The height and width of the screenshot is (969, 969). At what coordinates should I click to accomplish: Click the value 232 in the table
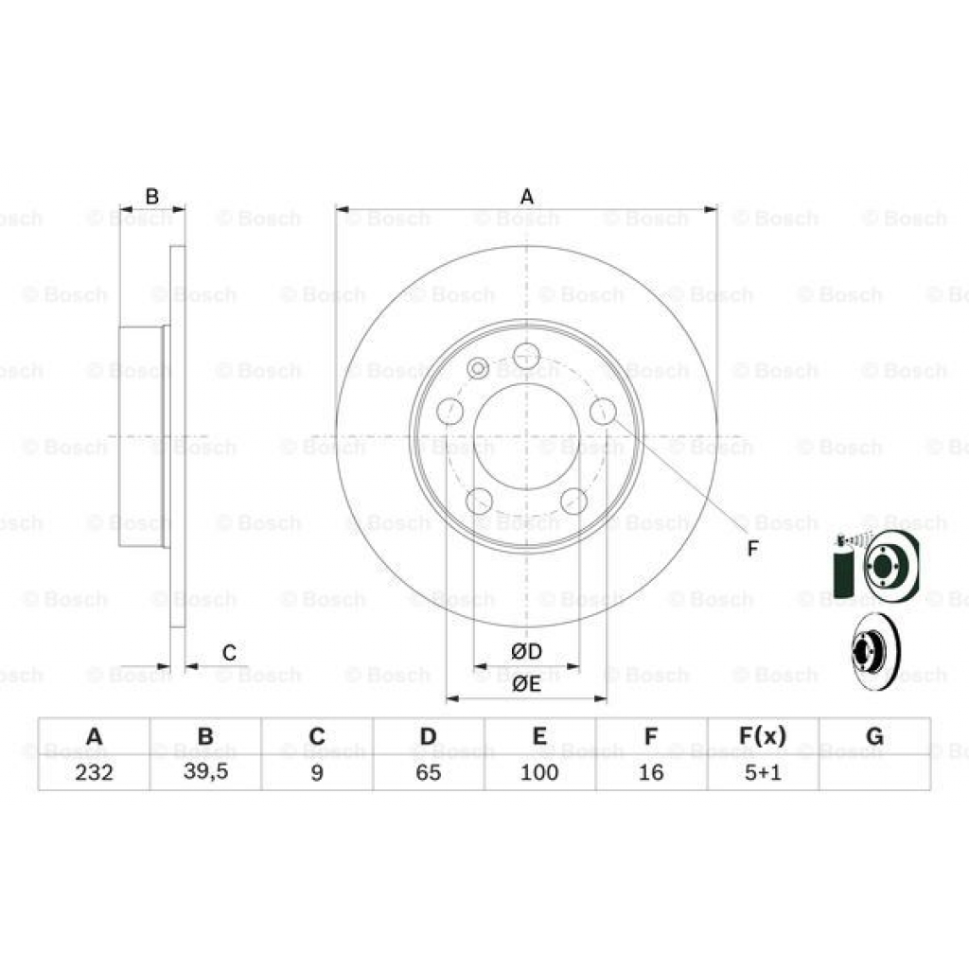point(94,772)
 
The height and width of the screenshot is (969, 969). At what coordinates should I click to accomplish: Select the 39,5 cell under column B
point(205,771)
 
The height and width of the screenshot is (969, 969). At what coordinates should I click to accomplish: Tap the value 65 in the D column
point(428,772)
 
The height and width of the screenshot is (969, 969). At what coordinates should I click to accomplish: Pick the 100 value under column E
point(539,772)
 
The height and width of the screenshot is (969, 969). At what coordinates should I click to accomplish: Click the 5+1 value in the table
point(762,772)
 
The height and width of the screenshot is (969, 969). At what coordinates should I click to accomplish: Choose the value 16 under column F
point(651,772)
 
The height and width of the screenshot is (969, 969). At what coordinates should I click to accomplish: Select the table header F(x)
point(762,736)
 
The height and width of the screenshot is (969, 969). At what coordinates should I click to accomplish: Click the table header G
point(873,736)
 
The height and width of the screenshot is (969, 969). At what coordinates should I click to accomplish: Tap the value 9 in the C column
point(317,772)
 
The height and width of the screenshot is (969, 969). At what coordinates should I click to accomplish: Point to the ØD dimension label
point(526,652)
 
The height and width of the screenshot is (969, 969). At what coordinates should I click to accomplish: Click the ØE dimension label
point(526,685)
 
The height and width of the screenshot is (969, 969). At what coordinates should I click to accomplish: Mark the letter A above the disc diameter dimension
point(527,196)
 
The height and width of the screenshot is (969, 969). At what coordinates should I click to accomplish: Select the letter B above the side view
point(151,196)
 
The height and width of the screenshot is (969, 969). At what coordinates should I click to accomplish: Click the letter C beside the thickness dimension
point(229,652)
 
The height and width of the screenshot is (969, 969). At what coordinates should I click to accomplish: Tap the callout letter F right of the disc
point(752,549)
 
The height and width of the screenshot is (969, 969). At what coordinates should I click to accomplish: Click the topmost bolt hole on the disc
point(526,357)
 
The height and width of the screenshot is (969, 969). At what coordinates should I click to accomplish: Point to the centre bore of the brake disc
point(526,436)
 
